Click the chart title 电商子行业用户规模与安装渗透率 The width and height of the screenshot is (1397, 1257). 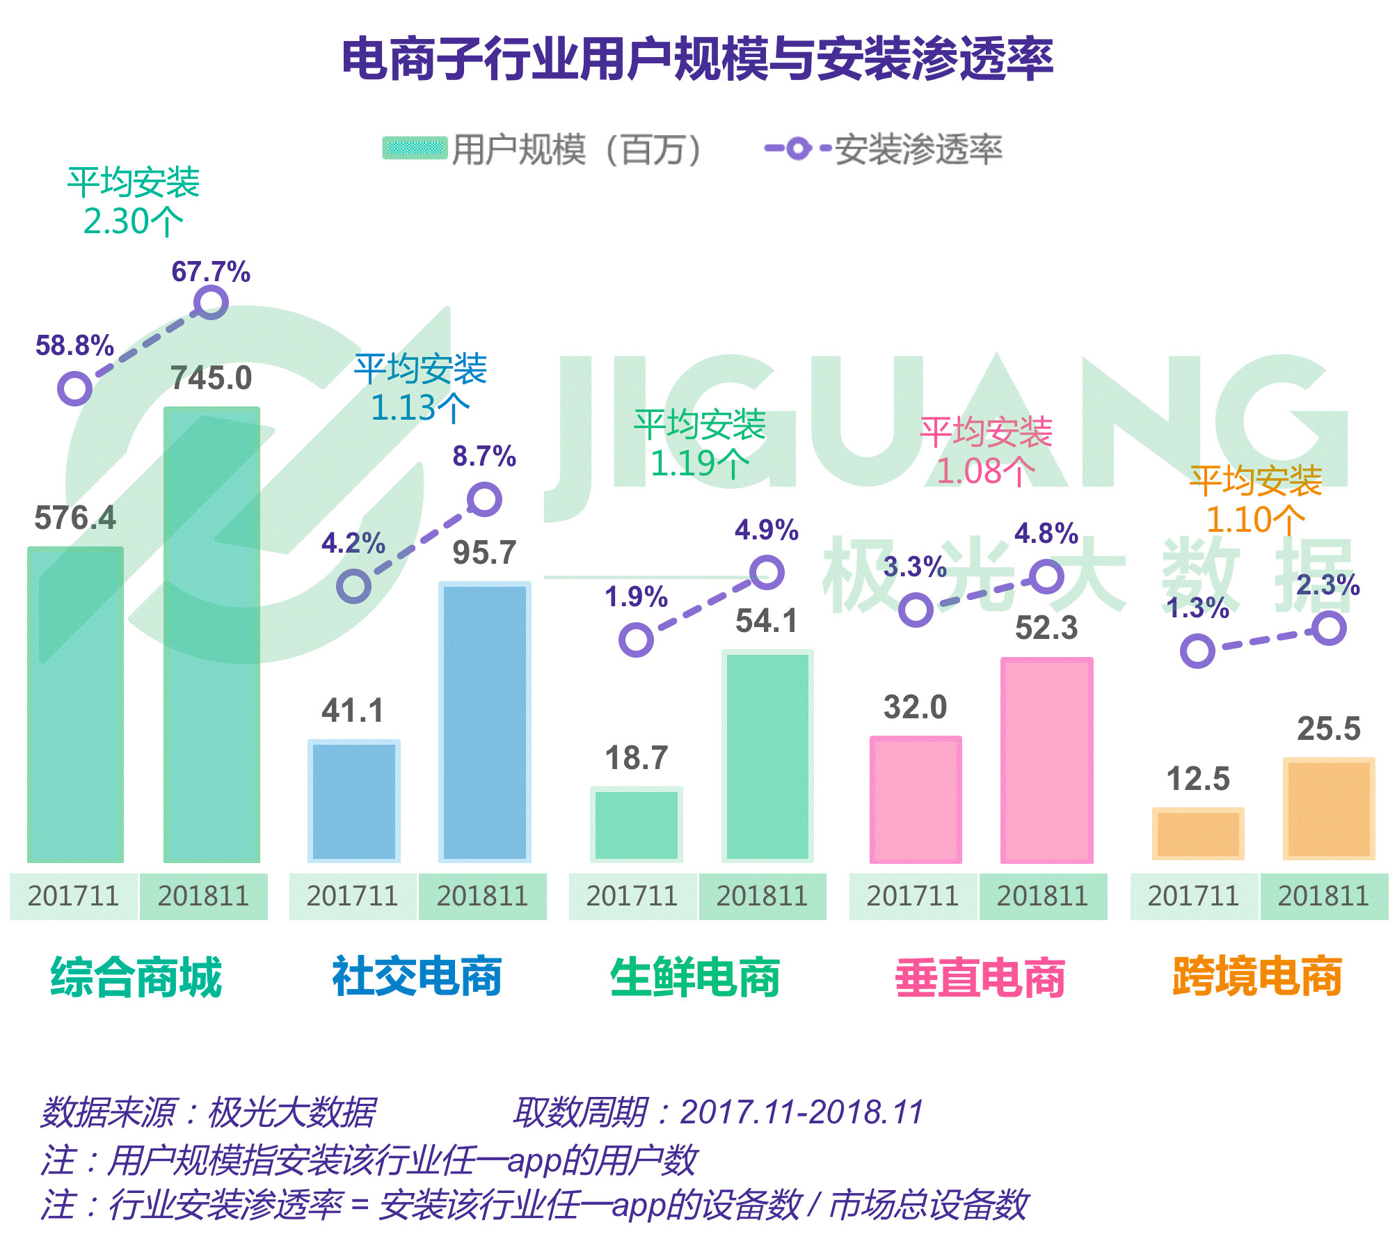coord(697,59)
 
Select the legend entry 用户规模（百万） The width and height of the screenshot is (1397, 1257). coord(542,149)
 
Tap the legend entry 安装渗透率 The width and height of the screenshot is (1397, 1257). coord(884,149)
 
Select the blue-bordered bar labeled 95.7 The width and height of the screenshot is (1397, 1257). coord(484,721)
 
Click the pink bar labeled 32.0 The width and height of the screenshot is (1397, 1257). coord(916,799)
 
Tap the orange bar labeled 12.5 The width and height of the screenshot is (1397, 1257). coord(1197,833)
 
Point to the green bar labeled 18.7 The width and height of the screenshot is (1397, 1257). coord(636,824)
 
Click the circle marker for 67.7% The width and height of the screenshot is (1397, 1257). coord(211,303)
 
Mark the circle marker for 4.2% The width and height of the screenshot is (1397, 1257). coord(353,586)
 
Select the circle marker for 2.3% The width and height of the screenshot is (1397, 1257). coord(1328,628)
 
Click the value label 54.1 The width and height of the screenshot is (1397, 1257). coord(766,621)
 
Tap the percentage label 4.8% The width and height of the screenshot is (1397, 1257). coord(1046,534)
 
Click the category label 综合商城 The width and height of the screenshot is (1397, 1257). coord(136,977)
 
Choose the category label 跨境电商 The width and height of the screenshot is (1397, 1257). coord(1257,977)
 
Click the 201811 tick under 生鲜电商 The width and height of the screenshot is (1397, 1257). coord(762,896)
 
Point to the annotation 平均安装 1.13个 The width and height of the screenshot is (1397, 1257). coord(420,388)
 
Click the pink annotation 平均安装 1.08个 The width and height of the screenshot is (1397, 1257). coord(985,451)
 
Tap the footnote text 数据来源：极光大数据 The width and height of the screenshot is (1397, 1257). coord(209,1112)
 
